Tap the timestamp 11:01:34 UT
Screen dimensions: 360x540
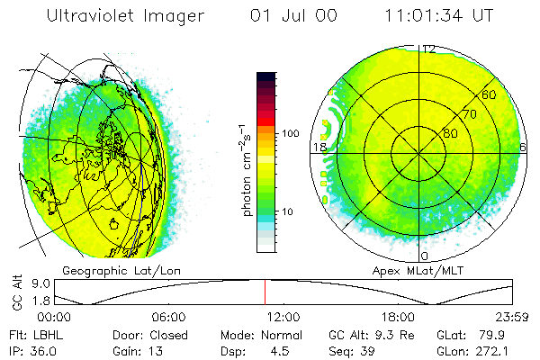439,16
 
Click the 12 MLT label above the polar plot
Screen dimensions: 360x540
429,49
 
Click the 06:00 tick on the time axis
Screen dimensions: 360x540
168,317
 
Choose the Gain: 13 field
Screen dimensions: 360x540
125,350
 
